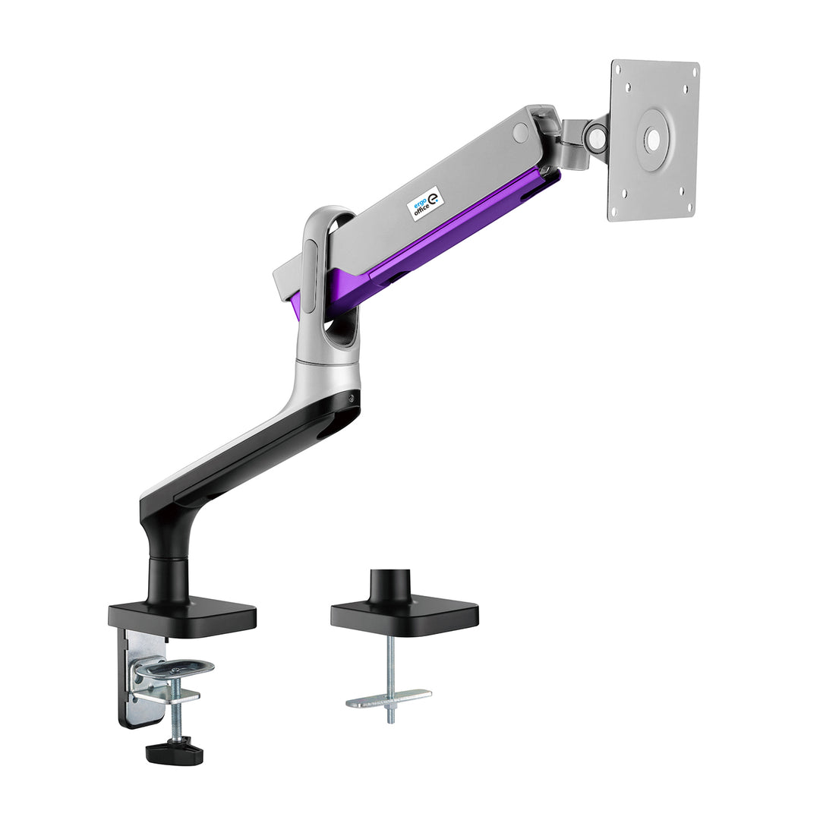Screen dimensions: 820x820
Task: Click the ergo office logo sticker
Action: click(426, 203)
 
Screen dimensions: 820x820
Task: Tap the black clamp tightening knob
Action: click(175, 752)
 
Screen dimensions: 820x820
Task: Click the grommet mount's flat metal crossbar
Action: click(389, 697)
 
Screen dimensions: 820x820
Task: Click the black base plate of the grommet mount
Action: click(404, 616)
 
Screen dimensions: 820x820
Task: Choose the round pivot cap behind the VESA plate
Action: click(597, 136)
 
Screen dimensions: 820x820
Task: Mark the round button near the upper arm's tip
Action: click(520, 132)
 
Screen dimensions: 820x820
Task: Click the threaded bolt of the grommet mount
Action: click(390, 672)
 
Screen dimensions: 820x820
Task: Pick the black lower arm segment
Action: click(251, 456)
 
